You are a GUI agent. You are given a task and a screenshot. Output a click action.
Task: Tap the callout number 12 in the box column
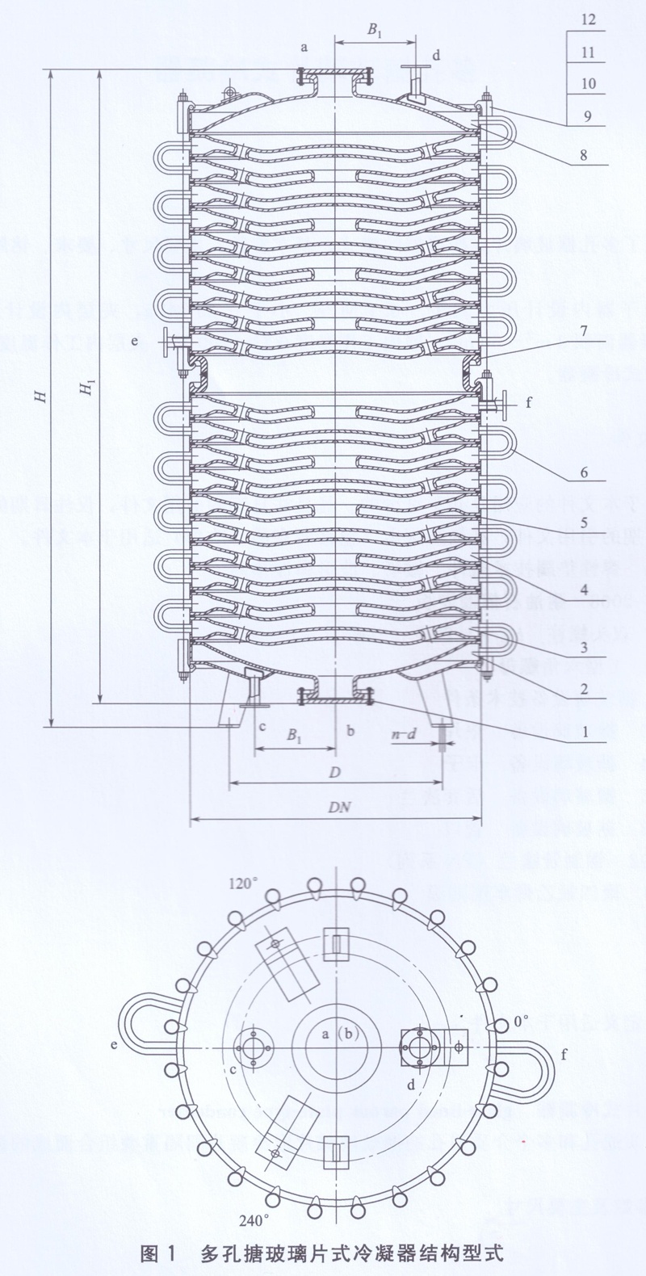click(x=588, y=20)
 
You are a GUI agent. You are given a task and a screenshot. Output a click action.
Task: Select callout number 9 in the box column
click(x=588, y=115)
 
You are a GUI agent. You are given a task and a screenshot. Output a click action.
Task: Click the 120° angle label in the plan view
click(x=242, y=883)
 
